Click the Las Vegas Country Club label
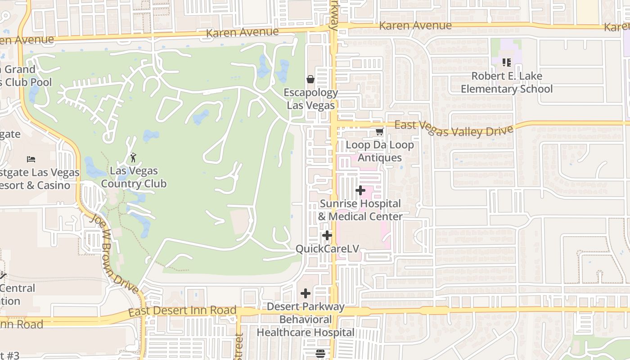coord(134,177)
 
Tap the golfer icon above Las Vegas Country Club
coord(133,157)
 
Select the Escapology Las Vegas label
coord(311,99)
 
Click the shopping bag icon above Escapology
coord(310,80)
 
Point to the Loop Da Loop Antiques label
coord(379,151)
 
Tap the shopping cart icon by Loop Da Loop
coord(379,132)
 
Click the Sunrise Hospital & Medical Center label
coord(360,210)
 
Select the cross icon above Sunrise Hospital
coord(360,190)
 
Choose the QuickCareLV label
coord(327,248)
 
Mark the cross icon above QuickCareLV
coord(327,235)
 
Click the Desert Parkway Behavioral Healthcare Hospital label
coord(306,319)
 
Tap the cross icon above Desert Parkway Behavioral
coord(306,293)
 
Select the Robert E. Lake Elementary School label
coord(506,82)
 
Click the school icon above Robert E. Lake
coord(507,63)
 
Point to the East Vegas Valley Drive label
coord(454,128)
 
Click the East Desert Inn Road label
coord(182,310)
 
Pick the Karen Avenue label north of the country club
coord(242,32)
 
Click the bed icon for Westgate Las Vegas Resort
coord(31,159)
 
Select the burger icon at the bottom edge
coord(320,354)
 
